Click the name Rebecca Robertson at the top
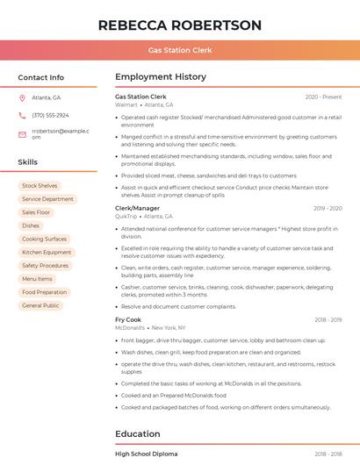pyautogui.click(x=180, y=25)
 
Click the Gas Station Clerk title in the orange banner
pyautogui.click(x=180, y=50)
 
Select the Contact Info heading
pyautogui.click(x=41, y=77)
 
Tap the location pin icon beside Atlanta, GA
pyautogui.click(x=22, y=97)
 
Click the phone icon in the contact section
pyautogui.click(x=22, y=115)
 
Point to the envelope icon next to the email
pyautogui.click(x=22, y=133)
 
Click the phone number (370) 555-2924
pyautogui.click(x=50, y=115)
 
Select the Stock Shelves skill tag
pyautogui.click(x=40, y=186)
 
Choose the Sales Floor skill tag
pyautogui.click(x=36, y=212)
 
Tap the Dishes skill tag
pyautogui.click(x=31, y=225)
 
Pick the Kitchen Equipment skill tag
pyautogui.click(x=47, y=252)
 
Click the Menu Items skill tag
pyautogui.click(x=37, y=279)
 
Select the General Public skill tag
pyautogui.click(x=40, y=305)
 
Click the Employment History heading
pyautogui.click(x=161, y=77)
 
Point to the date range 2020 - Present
pyautogui.click(x=323, y=97)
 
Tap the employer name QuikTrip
pyautogui.click(x=126, y=216)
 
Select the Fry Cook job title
pyautogui.click(x=128, y=319)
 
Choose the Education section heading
pyautogui.click(x=138, y=433)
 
